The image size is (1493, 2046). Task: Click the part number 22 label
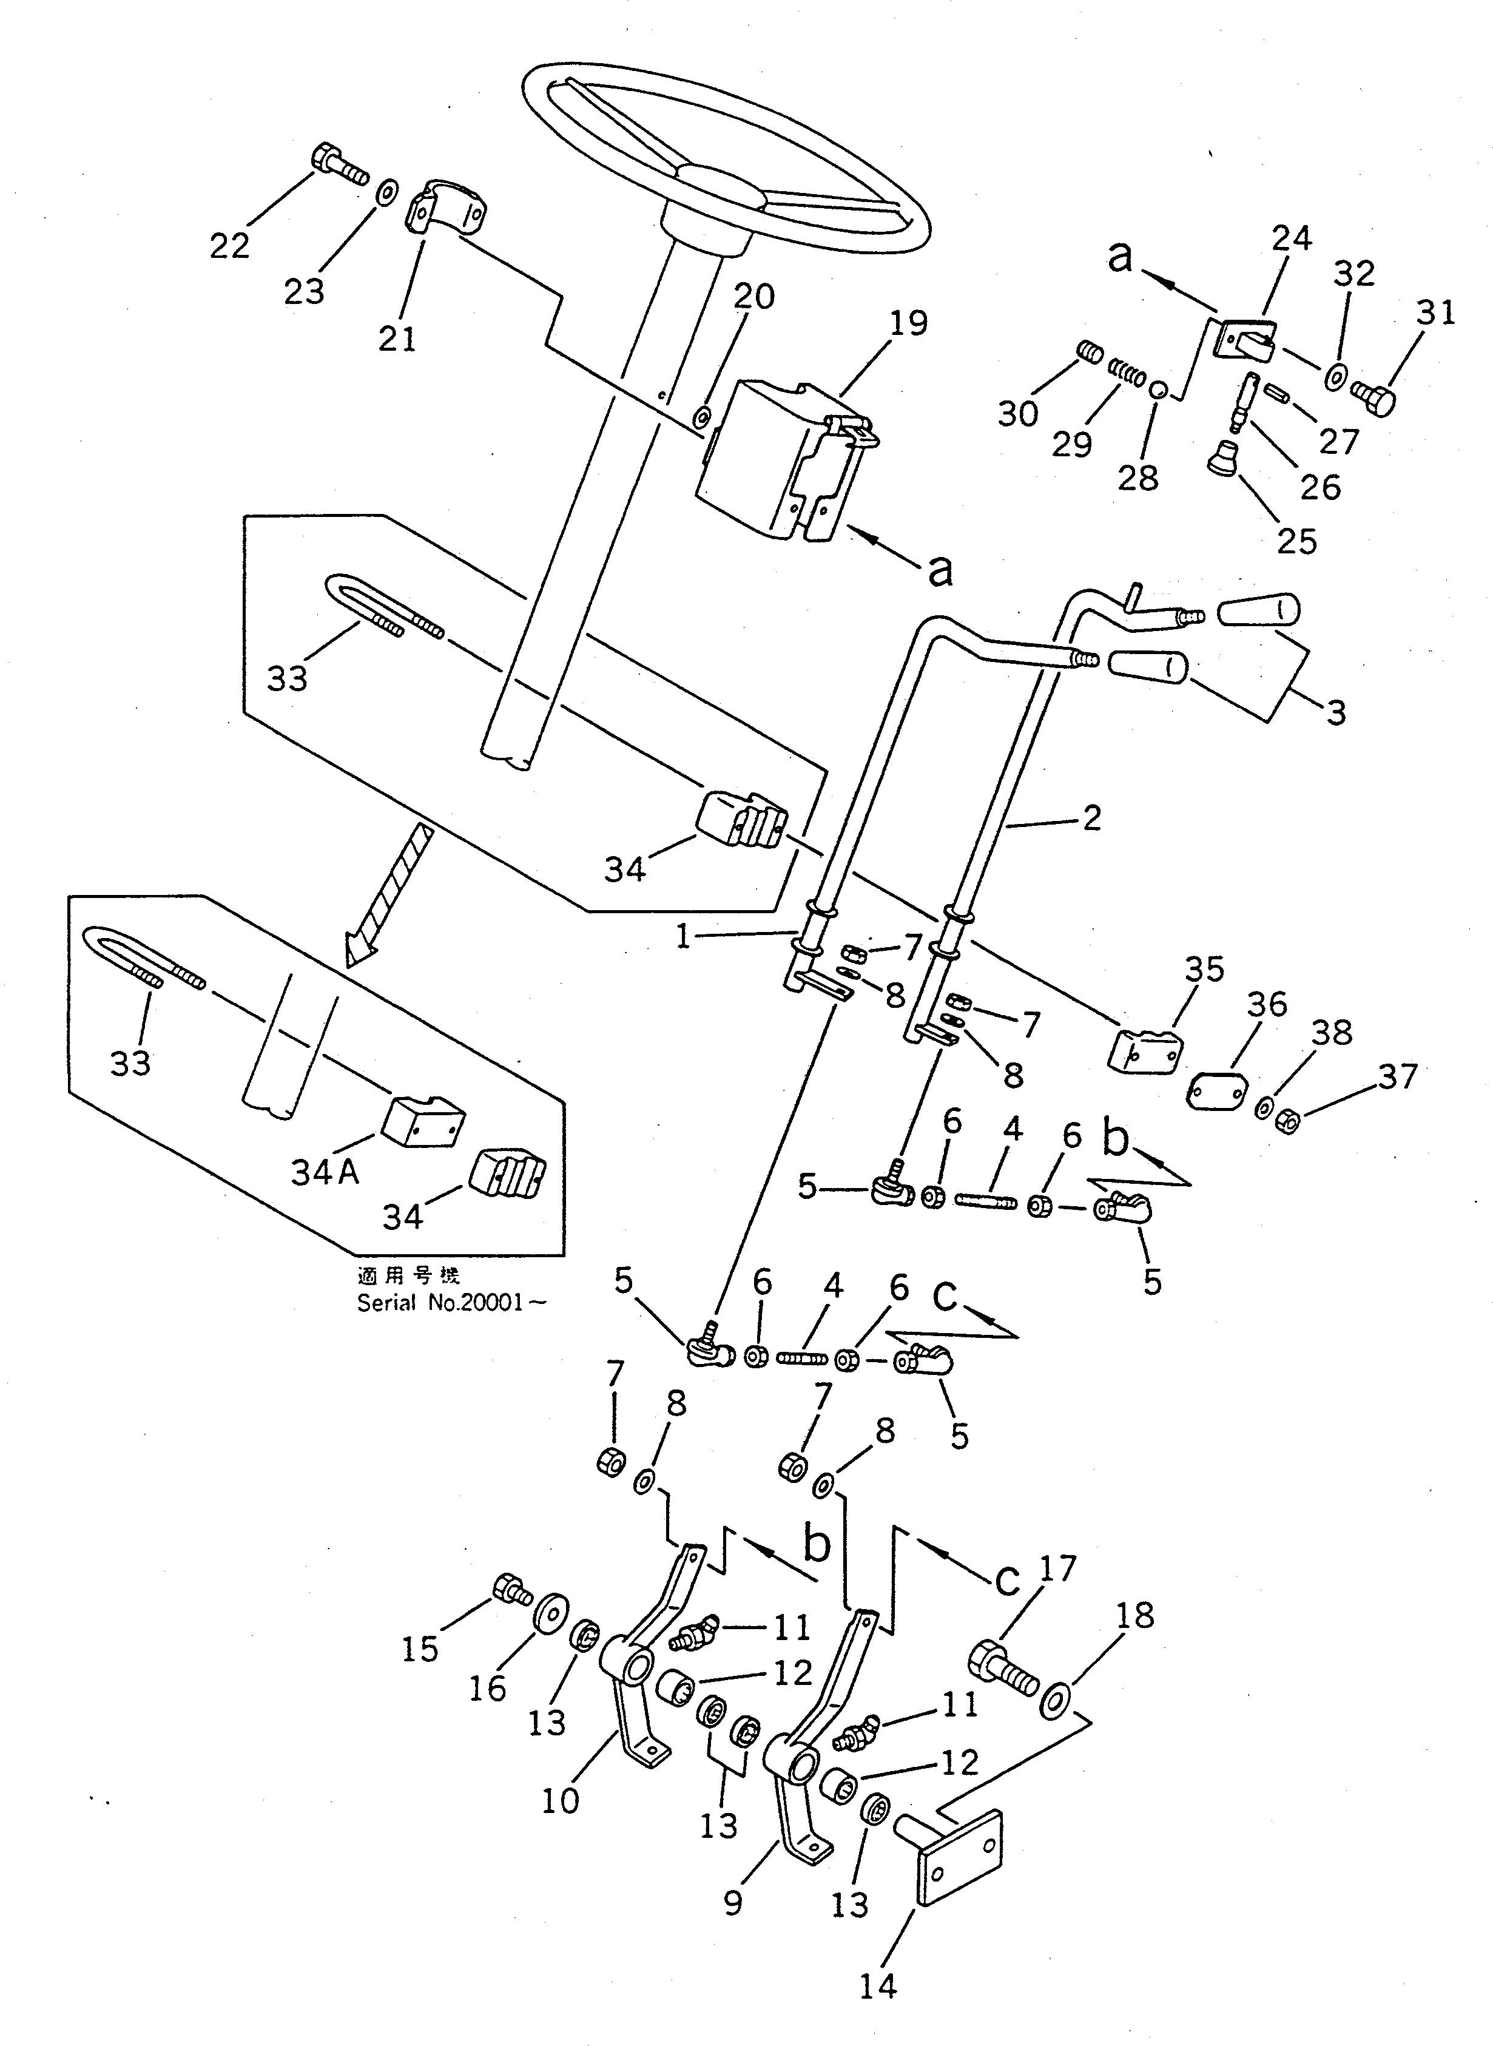[229, 245]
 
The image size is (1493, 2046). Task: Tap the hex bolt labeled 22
[338, 166]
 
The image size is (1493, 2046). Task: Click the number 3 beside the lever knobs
[1336, 712]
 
